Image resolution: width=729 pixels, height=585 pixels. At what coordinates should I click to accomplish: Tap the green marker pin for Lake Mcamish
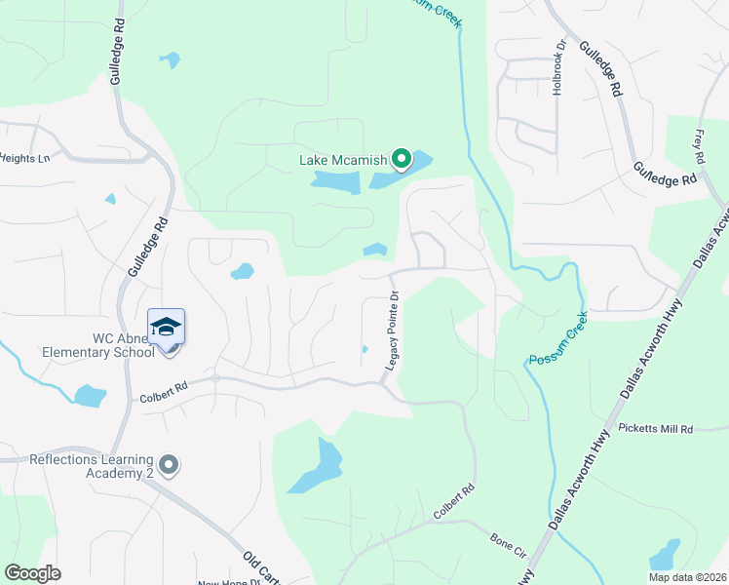(401, 158)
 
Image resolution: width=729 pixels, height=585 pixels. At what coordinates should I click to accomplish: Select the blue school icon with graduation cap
(167, 327)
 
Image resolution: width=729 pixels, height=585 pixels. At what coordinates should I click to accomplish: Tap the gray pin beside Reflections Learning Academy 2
(170, 466)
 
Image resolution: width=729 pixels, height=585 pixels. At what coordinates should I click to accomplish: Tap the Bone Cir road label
(508, 539)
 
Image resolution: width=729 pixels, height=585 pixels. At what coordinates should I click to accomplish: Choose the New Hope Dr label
(229, 582)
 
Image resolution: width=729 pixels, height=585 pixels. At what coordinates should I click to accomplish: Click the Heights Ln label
(24, 157)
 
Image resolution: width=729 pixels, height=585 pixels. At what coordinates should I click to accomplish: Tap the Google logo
(32, 573)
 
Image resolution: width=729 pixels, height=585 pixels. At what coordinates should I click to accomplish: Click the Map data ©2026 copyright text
(687, 577)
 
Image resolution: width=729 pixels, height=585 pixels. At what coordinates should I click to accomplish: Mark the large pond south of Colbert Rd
(318, 468)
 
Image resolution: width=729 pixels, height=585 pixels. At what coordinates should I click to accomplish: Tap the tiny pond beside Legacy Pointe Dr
(364, 349)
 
